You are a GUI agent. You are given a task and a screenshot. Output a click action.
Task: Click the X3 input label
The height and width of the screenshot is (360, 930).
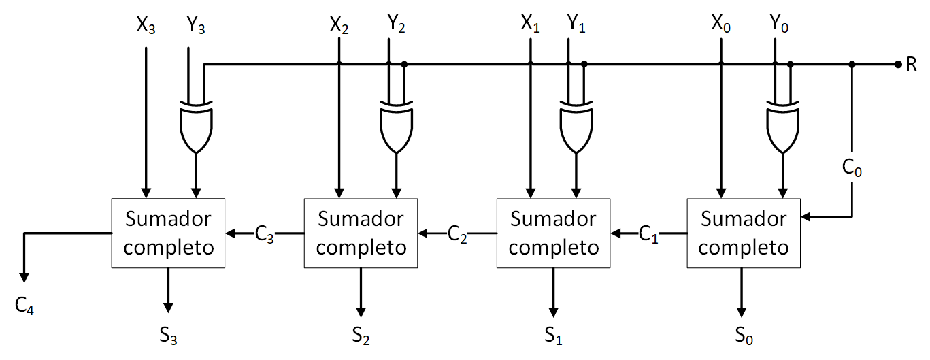pos(146,26)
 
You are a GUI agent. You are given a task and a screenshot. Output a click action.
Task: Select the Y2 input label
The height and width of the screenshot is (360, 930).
pos(397,26)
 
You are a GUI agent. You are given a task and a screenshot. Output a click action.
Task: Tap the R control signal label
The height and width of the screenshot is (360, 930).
pos(912,65)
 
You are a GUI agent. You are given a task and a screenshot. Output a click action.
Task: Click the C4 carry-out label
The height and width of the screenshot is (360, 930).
pos(24,307)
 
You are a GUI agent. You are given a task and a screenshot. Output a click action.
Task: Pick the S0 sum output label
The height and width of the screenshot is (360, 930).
pos(744,334)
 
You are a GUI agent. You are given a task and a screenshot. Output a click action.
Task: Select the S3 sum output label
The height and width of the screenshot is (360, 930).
pos(169,334)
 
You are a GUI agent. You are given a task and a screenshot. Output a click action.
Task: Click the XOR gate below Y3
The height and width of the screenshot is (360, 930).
pos(196,127)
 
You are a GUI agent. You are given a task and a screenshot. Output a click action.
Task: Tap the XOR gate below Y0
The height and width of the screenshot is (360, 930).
pos(783,127)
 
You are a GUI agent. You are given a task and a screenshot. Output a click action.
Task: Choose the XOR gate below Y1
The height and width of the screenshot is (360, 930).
pos(577,127)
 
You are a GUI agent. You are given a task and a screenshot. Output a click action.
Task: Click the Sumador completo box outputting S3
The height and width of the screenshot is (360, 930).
pos(169,233)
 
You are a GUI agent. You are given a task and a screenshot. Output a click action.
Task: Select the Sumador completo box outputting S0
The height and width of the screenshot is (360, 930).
pos(744,233)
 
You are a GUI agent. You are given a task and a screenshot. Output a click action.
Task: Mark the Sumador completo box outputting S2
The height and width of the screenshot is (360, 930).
pos(361,233)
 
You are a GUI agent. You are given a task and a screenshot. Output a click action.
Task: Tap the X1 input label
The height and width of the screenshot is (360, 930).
pos(531,26)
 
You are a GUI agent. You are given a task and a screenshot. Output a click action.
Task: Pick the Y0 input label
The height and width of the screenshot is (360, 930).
pos(780,26)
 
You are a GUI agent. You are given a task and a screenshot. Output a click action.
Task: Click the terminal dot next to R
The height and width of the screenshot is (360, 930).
pos(897,65)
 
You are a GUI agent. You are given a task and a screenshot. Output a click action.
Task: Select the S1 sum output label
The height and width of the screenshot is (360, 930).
pos(553,334)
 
